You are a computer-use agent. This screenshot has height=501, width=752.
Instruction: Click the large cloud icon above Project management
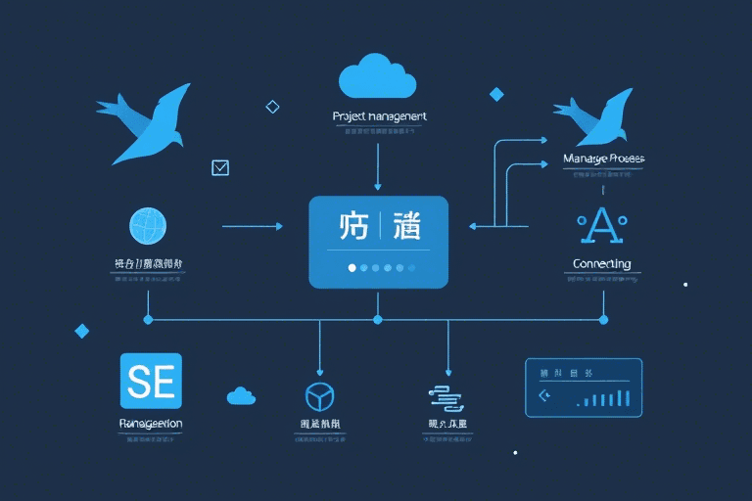click(378, 74)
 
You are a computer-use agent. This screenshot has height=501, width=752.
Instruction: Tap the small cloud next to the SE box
click(241, 395)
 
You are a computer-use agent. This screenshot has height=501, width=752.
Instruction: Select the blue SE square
click(150, 381)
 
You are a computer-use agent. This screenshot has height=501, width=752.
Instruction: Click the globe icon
click(149, 226)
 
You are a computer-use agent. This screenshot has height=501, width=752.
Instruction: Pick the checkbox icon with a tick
click(220, 167)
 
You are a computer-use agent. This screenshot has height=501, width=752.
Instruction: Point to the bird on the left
click(147, 122)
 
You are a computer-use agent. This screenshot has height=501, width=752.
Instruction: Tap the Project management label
click(379, 116)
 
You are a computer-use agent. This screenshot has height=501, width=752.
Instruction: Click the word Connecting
click(601, 264)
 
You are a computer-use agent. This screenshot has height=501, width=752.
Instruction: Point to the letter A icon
click(601, 226)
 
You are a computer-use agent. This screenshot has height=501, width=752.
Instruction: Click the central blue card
click(378, 242)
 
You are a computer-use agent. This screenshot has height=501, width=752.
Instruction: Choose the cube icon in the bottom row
click(320, 395)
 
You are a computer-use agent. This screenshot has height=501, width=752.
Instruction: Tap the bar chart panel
click(583, 387)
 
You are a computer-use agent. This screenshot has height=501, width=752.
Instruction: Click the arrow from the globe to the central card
click(253, 226)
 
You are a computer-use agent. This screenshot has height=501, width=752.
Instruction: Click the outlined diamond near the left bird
click(273, 107)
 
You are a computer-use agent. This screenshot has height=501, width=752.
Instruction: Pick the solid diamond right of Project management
click(496, 94)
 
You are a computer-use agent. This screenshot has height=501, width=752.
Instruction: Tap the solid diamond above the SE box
click(82, 331)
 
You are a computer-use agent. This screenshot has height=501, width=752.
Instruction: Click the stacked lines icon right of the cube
click(446, 395)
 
